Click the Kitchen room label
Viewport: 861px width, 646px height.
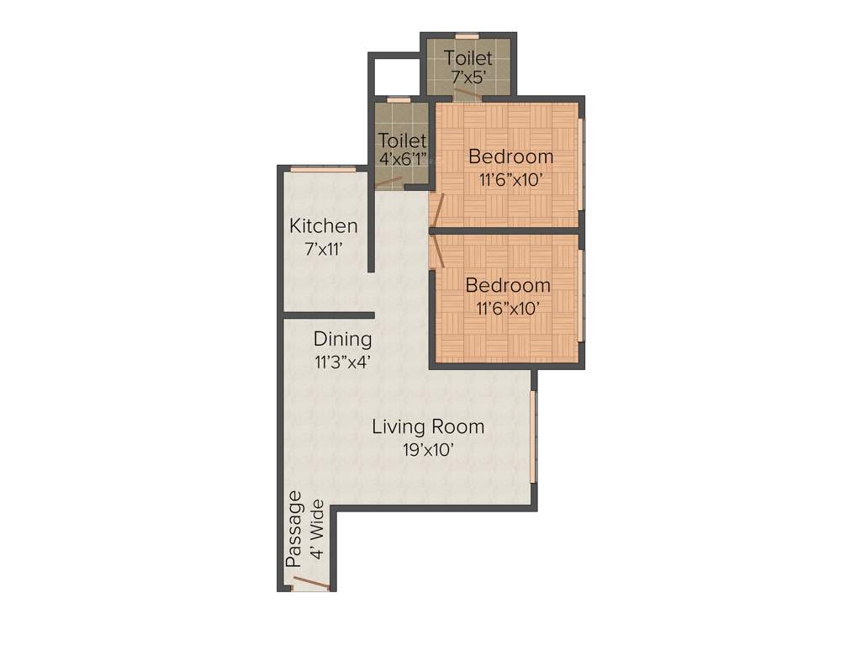click(x=323, y=225)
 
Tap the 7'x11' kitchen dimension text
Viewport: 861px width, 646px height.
click(x=323, y=248)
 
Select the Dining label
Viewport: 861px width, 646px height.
click(x=342, y=339)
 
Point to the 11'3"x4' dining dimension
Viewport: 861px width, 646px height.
click(x=342, y=362)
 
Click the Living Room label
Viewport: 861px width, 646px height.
click(x=428, y=426)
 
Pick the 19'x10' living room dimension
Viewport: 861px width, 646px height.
click(x=428, y=449)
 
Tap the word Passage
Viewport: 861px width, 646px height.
click(x=293, y=529)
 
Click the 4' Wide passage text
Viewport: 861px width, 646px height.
click(x=317, y=529)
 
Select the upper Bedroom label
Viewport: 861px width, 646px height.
click(x=510, y=156)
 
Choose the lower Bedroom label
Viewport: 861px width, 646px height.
click(x=508, y=285)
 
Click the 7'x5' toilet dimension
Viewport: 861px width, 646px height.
click(x=468, y=77)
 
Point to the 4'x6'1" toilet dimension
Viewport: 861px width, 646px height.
click(x=403, y=159)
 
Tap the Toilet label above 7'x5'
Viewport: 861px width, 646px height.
click(x=468, y=58)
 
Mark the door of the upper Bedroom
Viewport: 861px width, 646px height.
click(x=436, y=209)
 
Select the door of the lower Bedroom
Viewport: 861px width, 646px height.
click(x=437, y=252)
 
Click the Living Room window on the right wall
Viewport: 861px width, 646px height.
click(x=533, y=437)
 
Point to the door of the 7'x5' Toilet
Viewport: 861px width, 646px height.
click(x=468, y=93)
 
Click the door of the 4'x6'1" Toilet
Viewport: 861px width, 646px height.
click(x=391, y=181)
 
